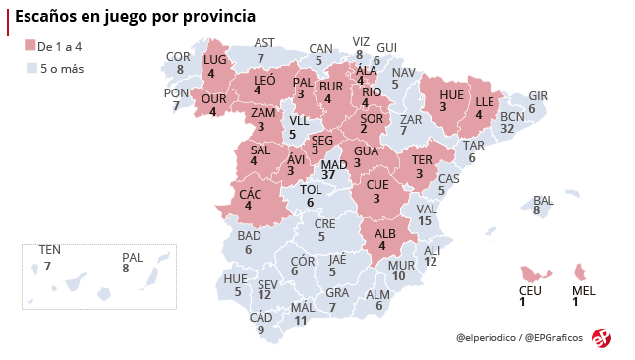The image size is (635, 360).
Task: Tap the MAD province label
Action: (x=334, y=163)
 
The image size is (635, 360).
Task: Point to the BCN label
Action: (x=513, y=116)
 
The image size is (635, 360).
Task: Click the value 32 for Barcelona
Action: (x=509, y=128)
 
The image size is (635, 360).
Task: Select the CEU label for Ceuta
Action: (x=530, y=290)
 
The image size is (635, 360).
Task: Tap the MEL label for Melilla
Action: (x=583, y=290)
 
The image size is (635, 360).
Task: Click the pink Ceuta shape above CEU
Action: (x=534, y=271)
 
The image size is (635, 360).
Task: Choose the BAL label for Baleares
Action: (x=544, y=200)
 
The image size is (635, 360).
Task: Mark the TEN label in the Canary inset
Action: (x=49, y=250)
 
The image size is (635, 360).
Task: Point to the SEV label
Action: (x=267, y=283)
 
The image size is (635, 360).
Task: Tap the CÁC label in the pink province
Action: (x=250, y=193)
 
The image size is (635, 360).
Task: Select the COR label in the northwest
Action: (x=178, y=57)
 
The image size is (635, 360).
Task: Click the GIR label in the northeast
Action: (x=538, y=96)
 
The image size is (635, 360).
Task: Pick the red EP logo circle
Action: (x=602, y=337)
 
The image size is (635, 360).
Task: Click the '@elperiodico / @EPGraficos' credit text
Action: (x=519, y=338)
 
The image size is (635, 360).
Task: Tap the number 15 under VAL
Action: (x=425, y=221)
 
